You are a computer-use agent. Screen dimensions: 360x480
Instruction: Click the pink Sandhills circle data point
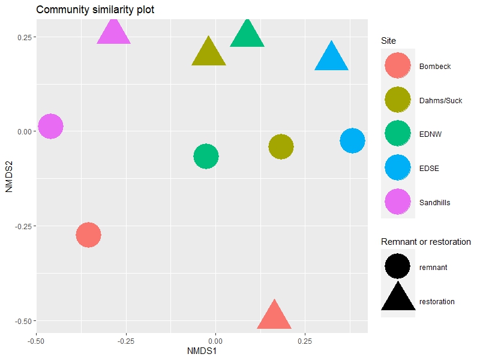tap(51, 127)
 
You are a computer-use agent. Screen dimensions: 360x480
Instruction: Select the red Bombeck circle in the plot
tap(88, 235)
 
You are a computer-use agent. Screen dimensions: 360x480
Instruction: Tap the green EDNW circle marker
tap(206, 157)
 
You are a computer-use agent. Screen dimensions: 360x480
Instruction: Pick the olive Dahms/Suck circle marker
tap(281, 146)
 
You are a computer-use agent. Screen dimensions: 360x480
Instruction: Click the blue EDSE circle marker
tap(352, 141)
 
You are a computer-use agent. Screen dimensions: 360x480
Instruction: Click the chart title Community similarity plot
tap(95, 10)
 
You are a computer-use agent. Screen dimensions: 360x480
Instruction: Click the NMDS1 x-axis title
tap(202, 350)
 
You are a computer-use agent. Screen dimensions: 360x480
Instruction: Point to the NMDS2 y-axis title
tap(9, 175)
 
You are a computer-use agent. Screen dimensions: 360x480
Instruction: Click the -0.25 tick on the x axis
tap(126, 340)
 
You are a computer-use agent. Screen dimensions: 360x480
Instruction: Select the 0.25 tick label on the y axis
tap(23, 37)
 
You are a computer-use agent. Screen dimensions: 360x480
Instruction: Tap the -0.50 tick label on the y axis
tap(22, 321)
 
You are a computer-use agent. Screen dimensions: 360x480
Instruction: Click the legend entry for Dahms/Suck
tap(440, 101)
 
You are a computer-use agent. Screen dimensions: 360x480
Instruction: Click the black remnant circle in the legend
tap(397, 266)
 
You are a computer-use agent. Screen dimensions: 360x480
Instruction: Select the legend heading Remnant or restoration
tap(425, 242)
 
